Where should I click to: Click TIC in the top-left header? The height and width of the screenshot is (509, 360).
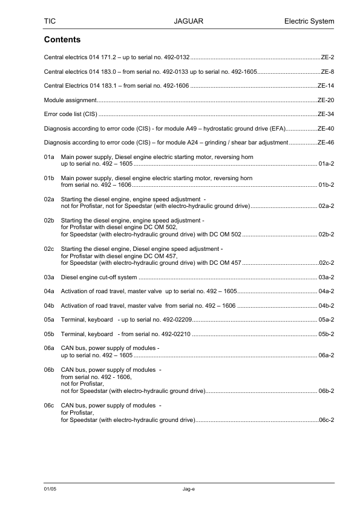(50, 22)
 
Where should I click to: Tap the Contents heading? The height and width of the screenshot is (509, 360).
(63, 40)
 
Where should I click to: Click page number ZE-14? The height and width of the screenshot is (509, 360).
(326, 85)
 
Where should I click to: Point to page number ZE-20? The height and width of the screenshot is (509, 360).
(326, 99)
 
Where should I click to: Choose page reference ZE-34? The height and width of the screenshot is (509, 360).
(326, 114)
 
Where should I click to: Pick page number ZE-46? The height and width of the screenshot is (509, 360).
(326, 143)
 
